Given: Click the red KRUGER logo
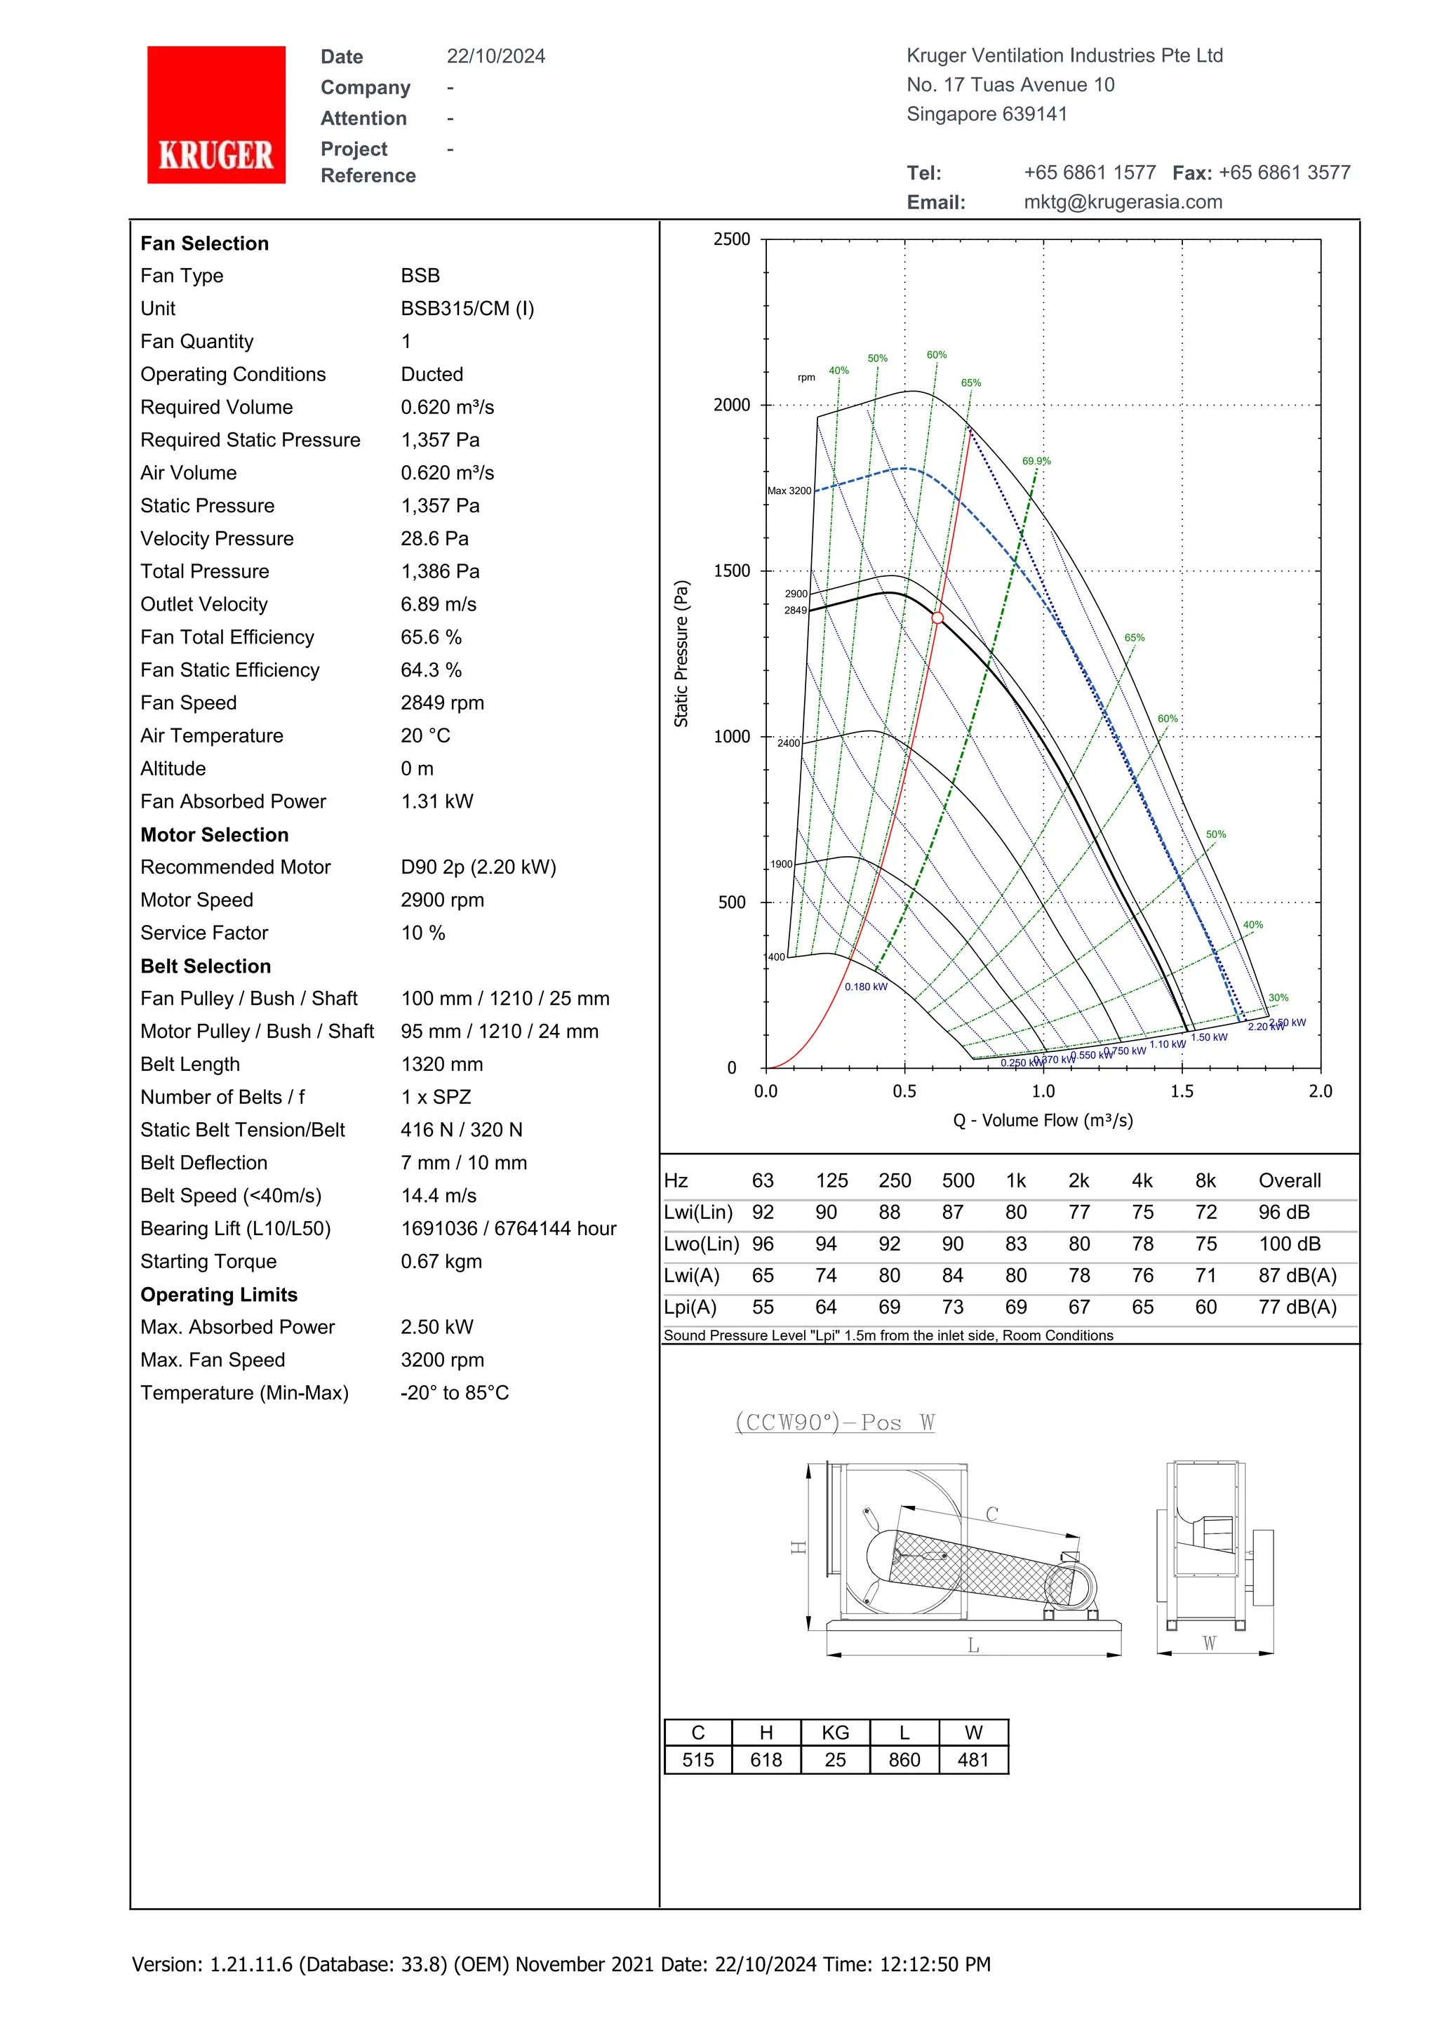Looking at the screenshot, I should (216, 115).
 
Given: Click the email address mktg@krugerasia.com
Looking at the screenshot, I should (1123, 202).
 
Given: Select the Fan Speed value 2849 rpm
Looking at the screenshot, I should (442, 703).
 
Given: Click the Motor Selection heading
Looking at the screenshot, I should (214, 835).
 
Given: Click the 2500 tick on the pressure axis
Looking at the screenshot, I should (731, 239).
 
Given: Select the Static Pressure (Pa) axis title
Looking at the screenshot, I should (681, 653).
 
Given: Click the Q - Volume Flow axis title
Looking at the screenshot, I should (1042, 1121).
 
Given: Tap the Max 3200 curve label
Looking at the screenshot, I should (789, 491).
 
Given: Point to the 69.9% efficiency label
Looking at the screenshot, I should (1036, 461).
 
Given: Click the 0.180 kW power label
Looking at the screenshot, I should (865, 987).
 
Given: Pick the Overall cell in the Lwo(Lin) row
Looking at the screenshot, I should (1289, 1244).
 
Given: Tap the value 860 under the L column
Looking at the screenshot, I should (904, 1760).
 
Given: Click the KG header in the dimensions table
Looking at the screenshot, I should (835, 1733).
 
